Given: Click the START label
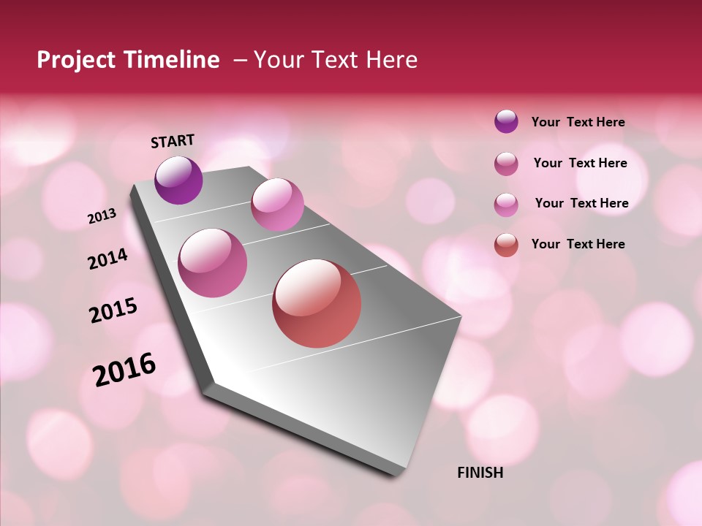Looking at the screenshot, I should (173, 140).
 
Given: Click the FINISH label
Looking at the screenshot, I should (480, 473).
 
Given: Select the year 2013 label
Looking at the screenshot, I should (102, 216).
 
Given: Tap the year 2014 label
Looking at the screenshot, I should (107, 259).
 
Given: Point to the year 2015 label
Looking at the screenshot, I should (113, 310).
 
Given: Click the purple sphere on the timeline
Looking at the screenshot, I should (178, 180).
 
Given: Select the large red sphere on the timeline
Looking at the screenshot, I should (317, 303).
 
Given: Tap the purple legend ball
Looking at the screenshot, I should (506, 121).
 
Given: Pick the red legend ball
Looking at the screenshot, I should (506, 244).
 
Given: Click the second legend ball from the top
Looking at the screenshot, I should (506, 163).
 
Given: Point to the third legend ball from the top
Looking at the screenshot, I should (506, 204).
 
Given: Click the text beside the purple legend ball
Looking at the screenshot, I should (578, 122).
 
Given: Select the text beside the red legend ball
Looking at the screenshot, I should (578, 244).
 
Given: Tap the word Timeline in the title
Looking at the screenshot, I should (173, 60).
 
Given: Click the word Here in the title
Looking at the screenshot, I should (391, 60).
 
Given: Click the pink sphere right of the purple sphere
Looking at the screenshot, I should (277, 205).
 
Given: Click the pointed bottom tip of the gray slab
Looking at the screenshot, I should (395, 475).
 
